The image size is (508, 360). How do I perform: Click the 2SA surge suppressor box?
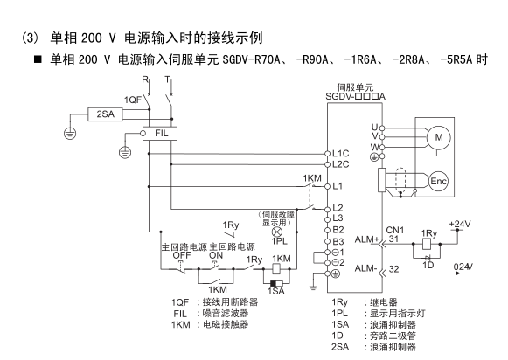(105, 114)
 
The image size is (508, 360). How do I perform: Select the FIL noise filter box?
(160, 133)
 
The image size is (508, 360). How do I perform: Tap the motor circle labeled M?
(439, 137)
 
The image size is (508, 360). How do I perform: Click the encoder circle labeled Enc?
(438, 181)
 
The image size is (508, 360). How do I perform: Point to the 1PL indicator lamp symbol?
(276, 232)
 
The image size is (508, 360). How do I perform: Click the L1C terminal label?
(341, 154)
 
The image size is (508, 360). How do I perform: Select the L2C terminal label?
(341, 164)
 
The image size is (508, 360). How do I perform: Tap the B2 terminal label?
(338, 230)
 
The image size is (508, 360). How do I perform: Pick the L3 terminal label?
(338, 218)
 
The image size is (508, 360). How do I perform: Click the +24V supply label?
(460, 224)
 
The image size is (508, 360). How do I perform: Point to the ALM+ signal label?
(366, 239)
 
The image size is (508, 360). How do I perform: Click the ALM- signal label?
(366, 268)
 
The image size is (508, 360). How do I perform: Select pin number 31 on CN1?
(393, 239)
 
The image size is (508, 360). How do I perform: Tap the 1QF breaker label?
(133, 100)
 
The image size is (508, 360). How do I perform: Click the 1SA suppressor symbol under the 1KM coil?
(276, 284)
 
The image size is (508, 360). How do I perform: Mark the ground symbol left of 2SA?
(70, 134)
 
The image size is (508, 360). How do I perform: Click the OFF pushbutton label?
(182, 255)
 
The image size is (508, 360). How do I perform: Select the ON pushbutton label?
(216, 255)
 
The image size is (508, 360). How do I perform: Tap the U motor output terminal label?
(375, 128)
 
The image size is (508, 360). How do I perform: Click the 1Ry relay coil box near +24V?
(427, 244)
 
